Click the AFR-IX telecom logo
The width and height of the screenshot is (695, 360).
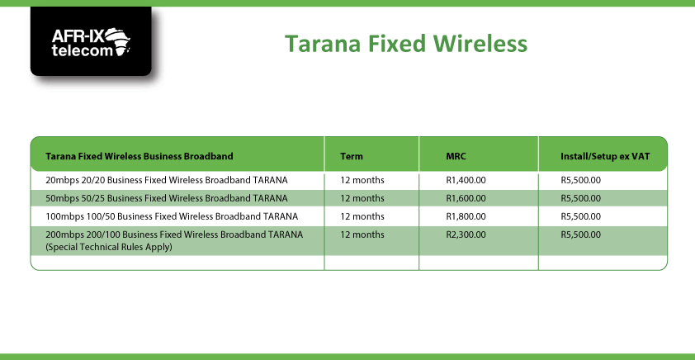click(x=91, y=41)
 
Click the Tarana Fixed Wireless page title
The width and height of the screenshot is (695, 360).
click(x=406, y=44)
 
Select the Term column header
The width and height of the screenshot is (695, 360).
click(x=352, y=156)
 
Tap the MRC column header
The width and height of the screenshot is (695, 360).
click(x=456, y=156)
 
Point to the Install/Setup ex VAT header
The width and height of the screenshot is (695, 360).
click(x=605, y=156)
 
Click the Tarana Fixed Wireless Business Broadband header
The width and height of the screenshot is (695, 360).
click(x=139, y=156)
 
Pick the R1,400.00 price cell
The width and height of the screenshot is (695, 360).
click(x=466, y=181)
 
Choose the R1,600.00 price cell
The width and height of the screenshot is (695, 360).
click(x=466, y=198)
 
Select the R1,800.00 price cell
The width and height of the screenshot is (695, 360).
click(x=466, y=216)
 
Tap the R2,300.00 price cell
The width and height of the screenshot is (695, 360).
click(x=466, y=234)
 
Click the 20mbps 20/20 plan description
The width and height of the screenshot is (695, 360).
click(x=167, y=181)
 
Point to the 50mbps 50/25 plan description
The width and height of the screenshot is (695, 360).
click(x=167, y=198)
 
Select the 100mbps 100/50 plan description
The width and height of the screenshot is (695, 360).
click(x=172, y=216)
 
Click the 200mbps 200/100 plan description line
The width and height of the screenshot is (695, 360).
click(x=174, y=234)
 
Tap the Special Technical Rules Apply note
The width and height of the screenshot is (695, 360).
click(x=109, y=247)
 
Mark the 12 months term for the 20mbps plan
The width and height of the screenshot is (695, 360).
click(x=362, y=181)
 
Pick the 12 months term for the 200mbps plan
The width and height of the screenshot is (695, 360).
click(x=362, y=234)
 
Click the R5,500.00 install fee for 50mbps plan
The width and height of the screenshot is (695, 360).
click(x=580, y=198)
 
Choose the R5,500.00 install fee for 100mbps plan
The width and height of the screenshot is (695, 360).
click(x=580, y=216)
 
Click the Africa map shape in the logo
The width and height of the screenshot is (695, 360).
click(x=119, y=40)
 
